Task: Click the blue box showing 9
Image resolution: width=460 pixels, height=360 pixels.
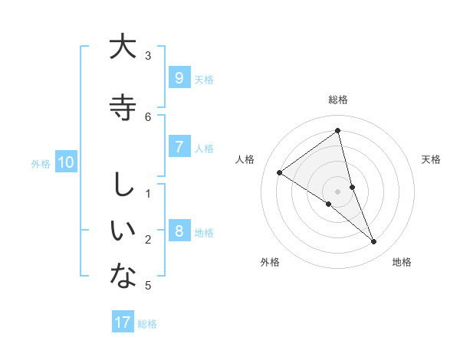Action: click(x=179, y=77)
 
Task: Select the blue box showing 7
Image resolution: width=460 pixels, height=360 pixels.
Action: click(x=179, y=146)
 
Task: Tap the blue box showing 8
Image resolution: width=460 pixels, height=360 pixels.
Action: click(x=179, y=231)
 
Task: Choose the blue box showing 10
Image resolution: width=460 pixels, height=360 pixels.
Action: click(x=66, y=162)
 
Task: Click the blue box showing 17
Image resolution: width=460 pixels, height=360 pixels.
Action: click(x=123, y=322)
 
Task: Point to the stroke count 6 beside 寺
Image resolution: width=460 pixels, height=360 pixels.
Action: click(x=148, y=116)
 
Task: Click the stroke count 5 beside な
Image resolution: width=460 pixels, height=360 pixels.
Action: click(x=148, y=286)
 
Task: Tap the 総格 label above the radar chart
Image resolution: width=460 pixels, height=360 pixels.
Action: click(x=338, y=100)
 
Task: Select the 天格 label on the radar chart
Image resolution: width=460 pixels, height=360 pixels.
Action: click(x=432, y=159)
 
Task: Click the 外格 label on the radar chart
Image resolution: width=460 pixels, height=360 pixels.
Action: click(x=270, y=262)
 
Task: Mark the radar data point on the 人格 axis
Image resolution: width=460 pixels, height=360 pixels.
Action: click(x=279, y=172)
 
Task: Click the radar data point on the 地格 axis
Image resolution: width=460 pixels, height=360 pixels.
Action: click(x=374, y=242)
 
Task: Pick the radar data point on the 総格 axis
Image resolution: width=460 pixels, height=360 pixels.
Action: click(x=338, y=131)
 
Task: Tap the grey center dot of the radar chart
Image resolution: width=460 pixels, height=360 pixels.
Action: click(x=338, y=191)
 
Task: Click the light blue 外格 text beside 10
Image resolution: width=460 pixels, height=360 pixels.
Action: click(x=40, y=163)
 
